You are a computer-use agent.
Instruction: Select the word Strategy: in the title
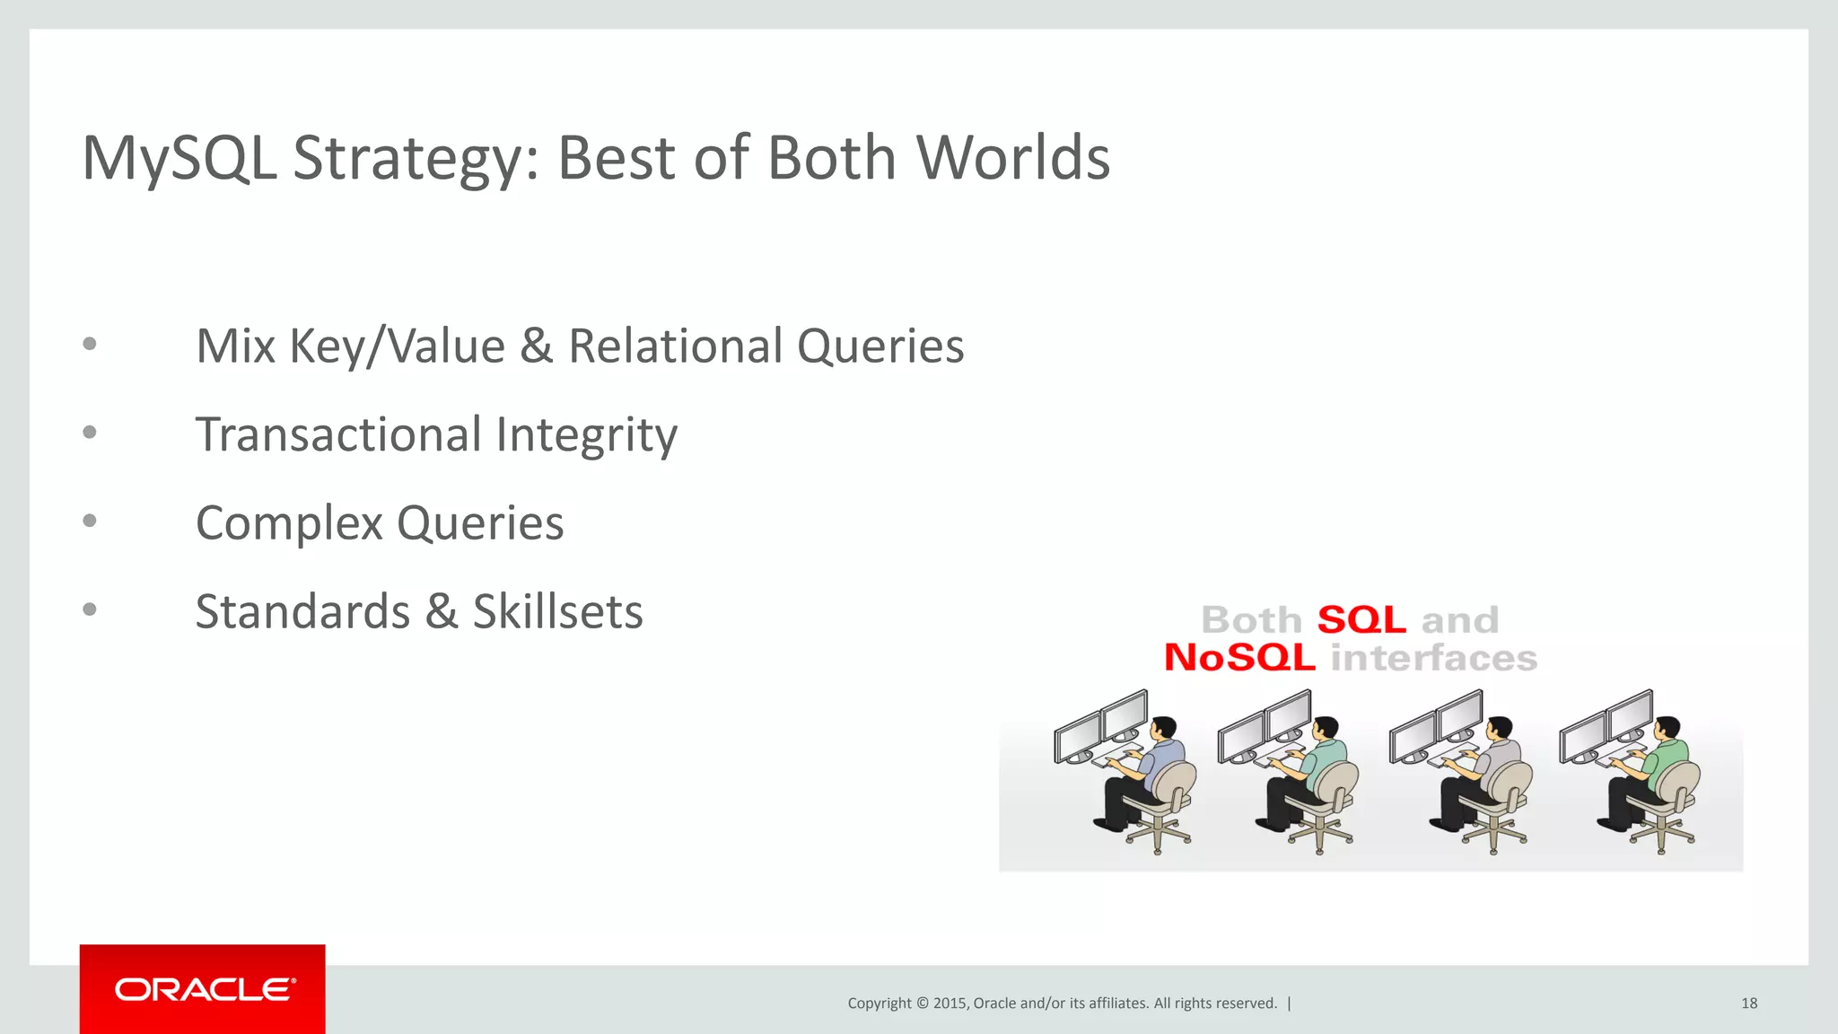pos(416,160)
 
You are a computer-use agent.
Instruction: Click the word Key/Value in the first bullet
pos(397,346)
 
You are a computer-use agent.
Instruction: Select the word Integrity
pos(586,436)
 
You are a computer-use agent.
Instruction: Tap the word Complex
pos(289,523)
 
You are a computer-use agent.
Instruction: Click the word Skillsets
pos(557,612)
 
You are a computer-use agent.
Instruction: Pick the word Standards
pos(302,612)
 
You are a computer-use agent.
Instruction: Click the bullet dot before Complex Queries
pos(90,521)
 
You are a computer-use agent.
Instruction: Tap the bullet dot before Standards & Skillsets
pos(90,609)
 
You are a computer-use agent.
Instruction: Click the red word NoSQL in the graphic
pos(1239,658)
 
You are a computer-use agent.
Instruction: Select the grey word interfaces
pos(1433,658)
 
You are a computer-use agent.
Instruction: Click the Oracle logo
pos(203,989)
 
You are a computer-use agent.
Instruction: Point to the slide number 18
pos(1748,1003)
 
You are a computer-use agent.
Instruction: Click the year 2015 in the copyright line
pos(950,1003)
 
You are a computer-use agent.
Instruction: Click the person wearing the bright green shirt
pos(1660,763)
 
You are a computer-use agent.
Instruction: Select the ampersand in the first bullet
pos(536,346)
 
